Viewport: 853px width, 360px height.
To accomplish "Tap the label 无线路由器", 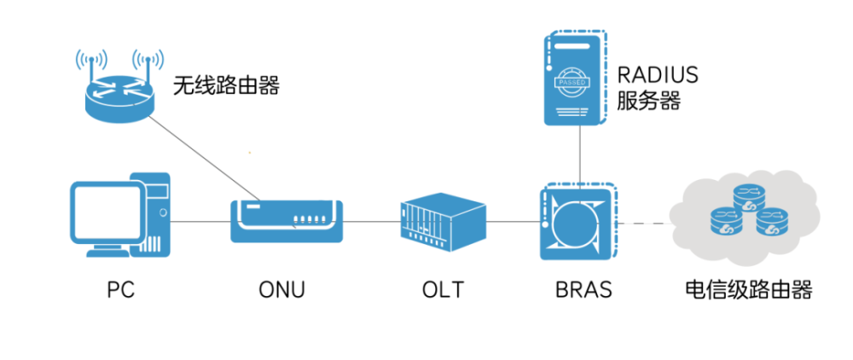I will click(226, 85).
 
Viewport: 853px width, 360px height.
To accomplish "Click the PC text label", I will click(121, 290).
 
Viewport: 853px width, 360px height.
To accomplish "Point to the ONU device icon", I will click(287, 220).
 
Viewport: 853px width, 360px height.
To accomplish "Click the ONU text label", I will click(281, 290).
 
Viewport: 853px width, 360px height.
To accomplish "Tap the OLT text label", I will click(442, 290).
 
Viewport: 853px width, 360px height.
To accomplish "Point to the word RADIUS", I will click(657, 75).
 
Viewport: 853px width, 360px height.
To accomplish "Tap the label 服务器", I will click(648, 102).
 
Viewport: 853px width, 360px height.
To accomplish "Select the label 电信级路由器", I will click(747, 290).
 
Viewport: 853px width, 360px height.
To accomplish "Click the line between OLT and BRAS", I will click(511, 222).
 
